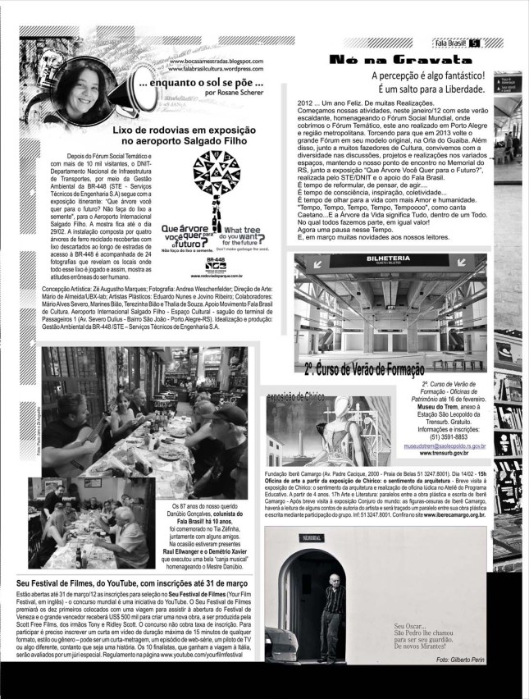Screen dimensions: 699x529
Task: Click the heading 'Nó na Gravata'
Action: tap(376, 59)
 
